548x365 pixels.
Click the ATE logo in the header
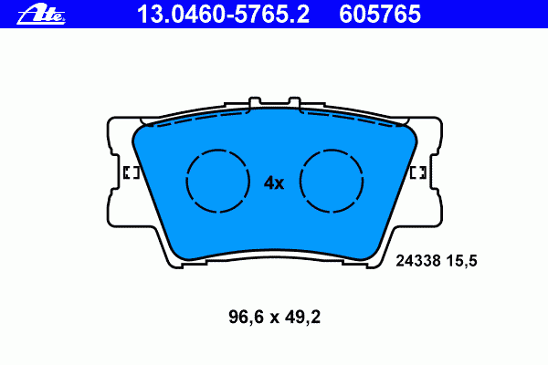tap(41, 15)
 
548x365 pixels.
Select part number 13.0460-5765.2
tap(224, 15)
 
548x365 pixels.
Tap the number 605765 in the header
tap(380, 15)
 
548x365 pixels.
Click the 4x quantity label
tap(274, 182)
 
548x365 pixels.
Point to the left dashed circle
tap(186, 181)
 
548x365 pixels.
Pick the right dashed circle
tap(300, 181)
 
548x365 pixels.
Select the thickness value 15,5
tap(462, 261)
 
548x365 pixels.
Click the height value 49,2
tap(302, 318)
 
